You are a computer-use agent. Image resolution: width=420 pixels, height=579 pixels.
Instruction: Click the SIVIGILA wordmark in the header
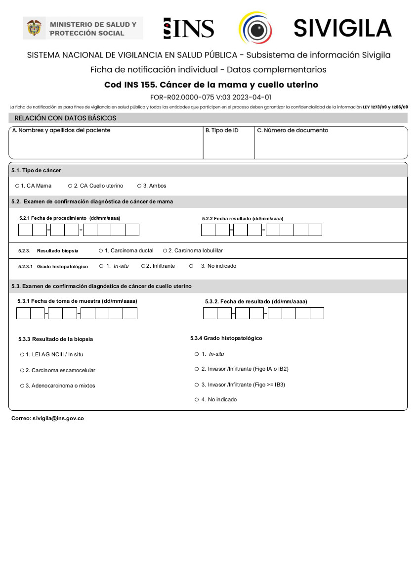(342, 28)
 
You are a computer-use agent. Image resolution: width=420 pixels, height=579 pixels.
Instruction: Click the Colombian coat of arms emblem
(34, 28)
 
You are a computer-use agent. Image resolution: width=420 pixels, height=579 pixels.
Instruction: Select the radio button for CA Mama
(17, 186)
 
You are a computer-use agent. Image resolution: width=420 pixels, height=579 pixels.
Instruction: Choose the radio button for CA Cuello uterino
(70, 186)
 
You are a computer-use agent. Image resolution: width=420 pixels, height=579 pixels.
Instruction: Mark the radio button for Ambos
(139, 186)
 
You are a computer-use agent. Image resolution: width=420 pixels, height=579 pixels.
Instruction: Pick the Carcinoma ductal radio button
(101, 251)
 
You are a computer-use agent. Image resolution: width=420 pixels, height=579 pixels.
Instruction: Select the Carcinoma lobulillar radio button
(165, 251)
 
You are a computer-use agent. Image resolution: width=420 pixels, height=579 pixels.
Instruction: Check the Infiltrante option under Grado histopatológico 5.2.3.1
(143, 266)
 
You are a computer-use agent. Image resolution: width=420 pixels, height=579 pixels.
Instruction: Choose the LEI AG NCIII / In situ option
(22, 355)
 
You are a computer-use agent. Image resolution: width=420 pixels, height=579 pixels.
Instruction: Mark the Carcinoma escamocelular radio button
(22, 370)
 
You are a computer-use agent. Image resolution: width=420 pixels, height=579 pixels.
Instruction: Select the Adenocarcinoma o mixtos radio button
(22, 386)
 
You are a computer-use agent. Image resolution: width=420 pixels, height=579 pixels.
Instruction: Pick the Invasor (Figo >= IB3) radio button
(197, 385)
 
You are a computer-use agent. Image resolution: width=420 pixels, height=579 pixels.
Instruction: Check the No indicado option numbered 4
(197, 400)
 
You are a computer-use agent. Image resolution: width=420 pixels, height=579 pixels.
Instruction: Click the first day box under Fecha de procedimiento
(25, 230)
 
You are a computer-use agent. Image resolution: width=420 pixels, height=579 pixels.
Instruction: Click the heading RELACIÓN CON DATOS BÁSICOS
(66, 118)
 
